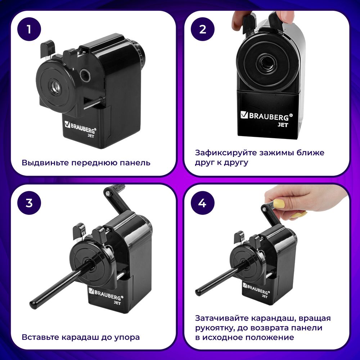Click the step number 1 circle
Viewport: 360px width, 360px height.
[x=29, y=30]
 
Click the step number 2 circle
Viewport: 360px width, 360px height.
[x=202, y=30]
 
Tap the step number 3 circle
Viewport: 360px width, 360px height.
[x=29, y=203]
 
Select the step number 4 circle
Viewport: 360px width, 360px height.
[x=202, y=203]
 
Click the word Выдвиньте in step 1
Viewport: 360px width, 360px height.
[x=45, y=163]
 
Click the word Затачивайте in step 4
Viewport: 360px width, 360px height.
[x=221, y=319]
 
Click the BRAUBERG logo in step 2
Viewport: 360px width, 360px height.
[x=267, y=116]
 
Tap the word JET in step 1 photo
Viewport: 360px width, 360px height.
[x=91, y=136]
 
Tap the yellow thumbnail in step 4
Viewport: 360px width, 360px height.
[x=279, y=204]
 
